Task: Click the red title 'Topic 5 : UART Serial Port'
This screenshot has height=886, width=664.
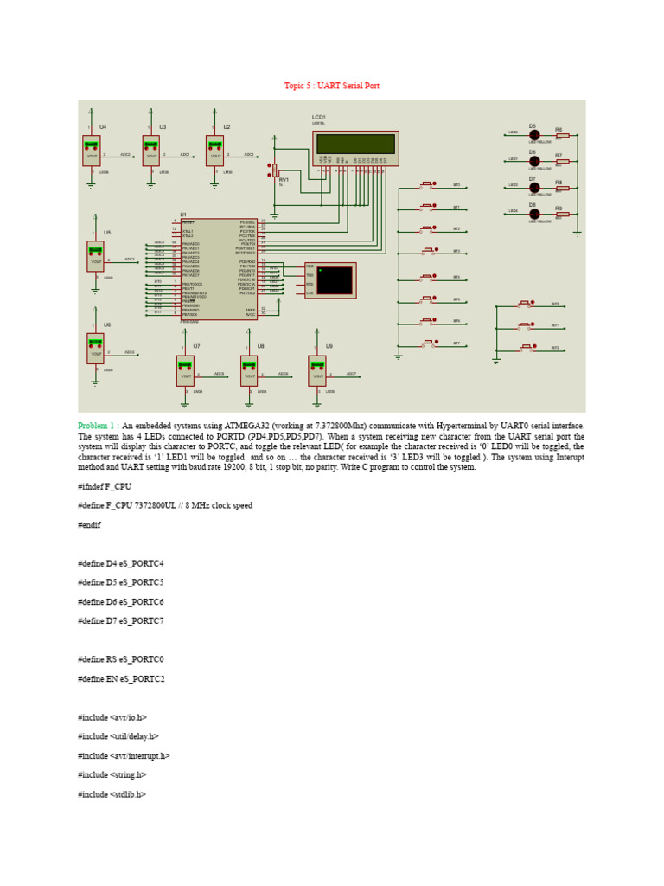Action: [x=332, y=86]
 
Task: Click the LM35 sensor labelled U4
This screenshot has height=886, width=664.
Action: [x=92, y=151]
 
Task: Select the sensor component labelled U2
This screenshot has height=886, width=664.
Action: [x=214, y=151]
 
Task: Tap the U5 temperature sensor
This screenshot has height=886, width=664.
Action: [x=95, y=256]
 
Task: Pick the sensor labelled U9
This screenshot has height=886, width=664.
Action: [x=317, y=370]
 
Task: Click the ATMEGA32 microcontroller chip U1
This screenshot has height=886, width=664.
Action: [x=219, y=269]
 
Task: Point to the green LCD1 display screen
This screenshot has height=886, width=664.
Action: [x=355, y=144]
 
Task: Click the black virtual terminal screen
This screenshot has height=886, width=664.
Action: [x=335, y=280]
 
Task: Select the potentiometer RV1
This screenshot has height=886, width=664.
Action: [x=275, y=171]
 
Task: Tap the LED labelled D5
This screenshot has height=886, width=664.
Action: [x=534, y=135]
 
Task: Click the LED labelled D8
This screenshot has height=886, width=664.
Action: [x=534, y=214]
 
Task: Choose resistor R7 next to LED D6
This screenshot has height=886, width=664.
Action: [x=562, y=161]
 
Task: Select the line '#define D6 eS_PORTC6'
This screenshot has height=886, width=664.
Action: [x=120, y=601]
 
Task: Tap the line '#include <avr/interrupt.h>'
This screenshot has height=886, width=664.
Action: [x=124, y=755]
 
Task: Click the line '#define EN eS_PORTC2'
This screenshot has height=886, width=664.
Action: [x=121, y=679]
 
